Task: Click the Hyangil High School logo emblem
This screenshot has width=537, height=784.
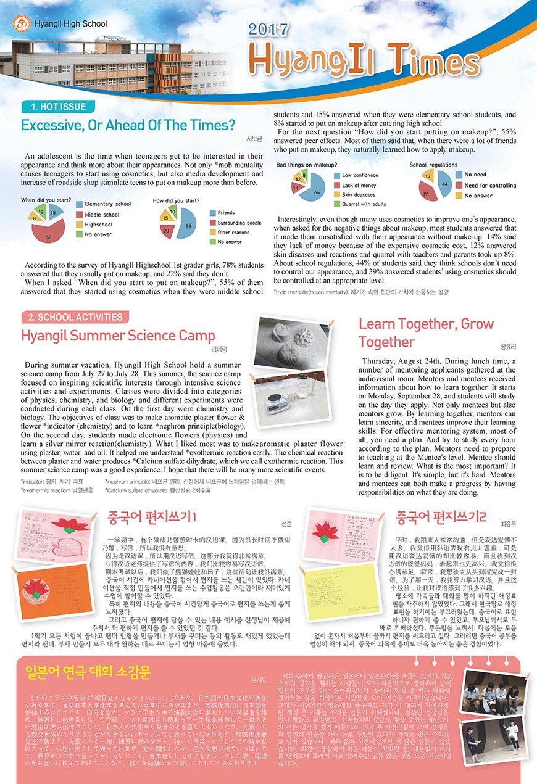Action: pos(22,25)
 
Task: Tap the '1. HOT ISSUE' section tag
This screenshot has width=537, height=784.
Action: pos(59,107)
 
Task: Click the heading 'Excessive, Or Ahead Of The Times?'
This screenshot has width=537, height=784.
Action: pos(128,125)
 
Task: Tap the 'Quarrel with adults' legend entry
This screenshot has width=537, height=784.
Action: pos(364,204)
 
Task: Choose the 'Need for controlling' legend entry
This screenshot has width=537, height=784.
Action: pos(489,186)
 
